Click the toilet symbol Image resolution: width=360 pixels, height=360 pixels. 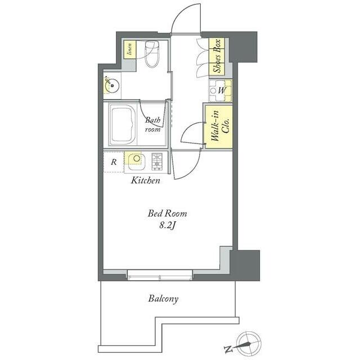pos(152,54)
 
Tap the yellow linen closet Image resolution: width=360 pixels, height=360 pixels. pos(130,49)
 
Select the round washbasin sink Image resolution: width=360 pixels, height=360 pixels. pos(112,85)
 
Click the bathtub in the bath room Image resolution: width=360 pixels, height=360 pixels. pos(122,124)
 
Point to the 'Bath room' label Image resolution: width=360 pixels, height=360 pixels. pos(152,124)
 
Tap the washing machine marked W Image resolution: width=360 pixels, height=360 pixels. pos(220,91)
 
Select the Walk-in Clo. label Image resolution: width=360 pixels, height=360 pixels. pos(220,126)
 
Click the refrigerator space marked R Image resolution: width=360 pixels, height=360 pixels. pos(114,162)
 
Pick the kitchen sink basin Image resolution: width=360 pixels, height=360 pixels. pos(136,161)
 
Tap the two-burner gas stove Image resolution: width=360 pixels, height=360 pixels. pos(157,161)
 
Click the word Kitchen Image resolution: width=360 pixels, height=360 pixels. pos(146,180)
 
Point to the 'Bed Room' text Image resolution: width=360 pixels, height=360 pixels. pos(168,214)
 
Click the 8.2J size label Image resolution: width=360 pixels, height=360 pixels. pos(168,226)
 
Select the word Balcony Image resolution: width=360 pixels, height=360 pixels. pos(163,299)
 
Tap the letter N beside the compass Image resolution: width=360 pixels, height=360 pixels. pos(228,349)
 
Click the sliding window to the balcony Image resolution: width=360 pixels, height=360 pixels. pos(160,275)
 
